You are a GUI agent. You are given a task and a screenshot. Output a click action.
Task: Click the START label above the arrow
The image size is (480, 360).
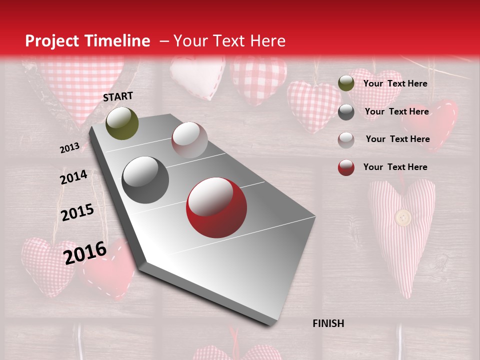118,96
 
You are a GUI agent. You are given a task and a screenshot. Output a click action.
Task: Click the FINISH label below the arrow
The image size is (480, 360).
328,323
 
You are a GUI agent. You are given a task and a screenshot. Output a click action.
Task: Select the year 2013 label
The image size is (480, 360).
69,148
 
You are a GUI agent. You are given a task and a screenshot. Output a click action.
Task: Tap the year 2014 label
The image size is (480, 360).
73,177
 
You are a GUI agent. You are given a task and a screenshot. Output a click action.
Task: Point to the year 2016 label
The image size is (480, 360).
85,252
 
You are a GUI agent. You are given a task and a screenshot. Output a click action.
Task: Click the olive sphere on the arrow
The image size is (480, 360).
122,123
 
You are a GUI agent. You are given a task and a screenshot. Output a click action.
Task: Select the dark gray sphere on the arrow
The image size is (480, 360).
145,180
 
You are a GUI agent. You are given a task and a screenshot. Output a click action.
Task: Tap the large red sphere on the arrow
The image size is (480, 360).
216,207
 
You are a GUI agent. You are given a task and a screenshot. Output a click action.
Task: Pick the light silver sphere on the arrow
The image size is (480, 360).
189,140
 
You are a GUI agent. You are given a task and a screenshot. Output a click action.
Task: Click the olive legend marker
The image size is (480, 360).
346,83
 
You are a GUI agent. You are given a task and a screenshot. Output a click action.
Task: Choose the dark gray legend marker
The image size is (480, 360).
346,111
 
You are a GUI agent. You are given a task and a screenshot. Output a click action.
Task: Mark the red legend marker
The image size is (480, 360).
346,167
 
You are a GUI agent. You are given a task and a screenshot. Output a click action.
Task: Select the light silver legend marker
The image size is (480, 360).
346,139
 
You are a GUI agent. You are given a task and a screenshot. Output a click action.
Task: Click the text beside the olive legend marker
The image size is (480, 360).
395,83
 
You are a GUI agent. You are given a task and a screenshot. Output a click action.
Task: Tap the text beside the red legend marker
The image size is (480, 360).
395,167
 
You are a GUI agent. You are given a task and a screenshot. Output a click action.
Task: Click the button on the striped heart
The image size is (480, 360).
403,217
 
